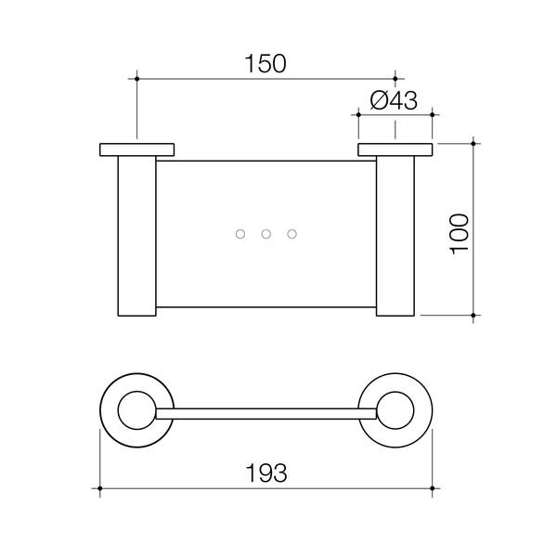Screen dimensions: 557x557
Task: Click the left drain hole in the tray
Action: [x=240, y=235]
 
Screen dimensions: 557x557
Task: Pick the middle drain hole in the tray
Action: [x=266, y=235]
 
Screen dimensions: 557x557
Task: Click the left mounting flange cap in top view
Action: [x=136, y=150]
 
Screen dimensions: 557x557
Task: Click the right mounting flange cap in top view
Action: [x=395, y=150]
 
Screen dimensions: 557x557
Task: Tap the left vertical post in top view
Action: [x=136, y=237]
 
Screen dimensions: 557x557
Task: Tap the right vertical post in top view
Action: [x=395, y=237]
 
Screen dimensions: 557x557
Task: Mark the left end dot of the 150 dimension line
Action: [x=136, y=80]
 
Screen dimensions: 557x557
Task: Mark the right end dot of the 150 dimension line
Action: [x=395, y=80]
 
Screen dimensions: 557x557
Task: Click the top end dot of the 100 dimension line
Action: [x=474, y=143]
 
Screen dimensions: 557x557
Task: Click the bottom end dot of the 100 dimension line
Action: [x=474, y=317]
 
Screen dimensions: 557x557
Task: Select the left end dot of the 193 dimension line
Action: [x=99, y=486]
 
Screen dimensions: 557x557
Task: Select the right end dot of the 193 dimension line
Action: [x=433, y=486]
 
